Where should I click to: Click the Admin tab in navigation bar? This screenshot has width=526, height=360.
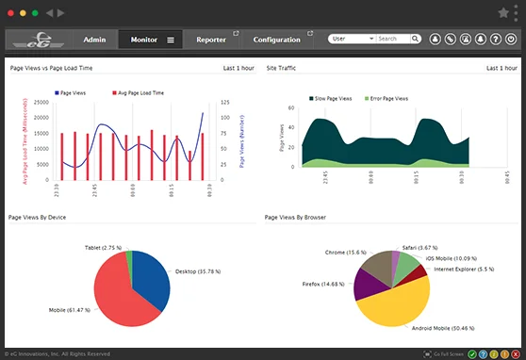(94, 40)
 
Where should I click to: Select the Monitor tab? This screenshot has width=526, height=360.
(144, 40)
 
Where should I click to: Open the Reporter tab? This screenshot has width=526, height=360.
(211, 40)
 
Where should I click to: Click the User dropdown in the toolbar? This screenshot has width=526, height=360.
(351, 40)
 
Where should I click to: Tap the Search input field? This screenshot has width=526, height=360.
(397, 40)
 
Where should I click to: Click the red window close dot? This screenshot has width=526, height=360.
(11, 13)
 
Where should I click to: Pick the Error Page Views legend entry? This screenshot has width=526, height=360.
(386, 98)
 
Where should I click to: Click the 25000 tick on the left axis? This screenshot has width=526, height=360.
(41, 102)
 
